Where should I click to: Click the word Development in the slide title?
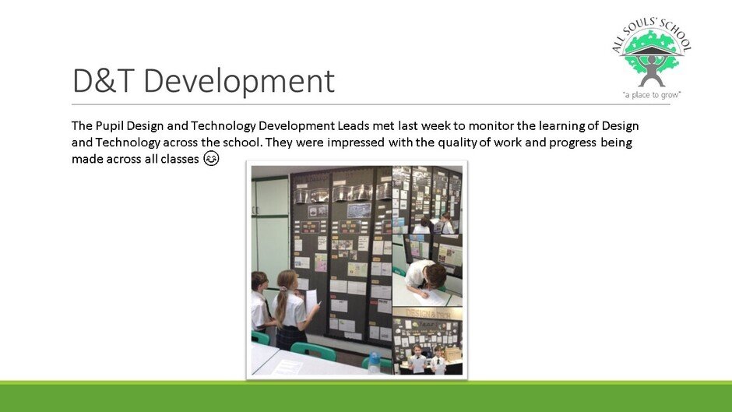click(x=239, y=81)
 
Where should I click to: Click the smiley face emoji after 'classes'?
click(x=211, y=159)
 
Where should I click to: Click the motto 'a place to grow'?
click(x=652, y=95)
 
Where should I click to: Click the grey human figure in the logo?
click(x=652, y=70)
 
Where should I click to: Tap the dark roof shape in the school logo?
click(x=652, y=51)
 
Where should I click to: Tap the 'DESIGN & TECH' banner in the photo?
click(x=428, y=313)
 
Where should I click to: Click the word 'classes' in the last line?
click(x=180, y=160)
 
